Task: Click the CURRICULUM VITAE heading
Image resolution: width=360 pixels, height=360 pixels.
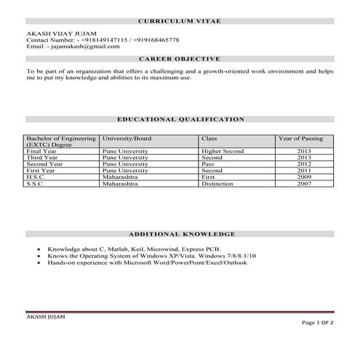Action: [x=180, y=23]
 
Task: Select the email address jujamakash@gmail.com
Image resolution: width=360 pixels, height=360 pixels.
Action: [x=85, y=46]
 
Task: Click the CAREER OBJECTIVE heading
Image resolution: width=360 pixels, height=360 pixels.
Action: [x=180, y=58]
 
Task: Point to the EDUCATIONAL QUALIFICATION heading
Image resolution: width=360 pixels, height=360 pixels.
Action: [x=180, y=119]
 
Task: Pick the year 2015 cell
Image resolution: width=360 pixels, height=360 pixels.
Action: [x=303, y=151]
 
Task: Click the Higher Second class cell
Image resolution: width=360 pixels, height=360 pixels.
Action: [x=223, y=151]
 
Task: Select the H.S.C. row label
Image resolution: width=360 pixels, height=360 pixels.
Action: [x=36, y=177]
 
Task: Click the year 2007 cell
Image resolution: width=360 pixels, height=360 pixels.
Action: [x=303, y=184]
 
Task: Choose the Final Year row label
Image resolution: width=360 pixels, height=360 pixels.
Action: [x=41, y=151]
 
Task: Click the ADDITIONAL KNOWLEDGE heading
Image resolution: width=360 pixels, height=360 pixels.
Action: [x=181, y=235]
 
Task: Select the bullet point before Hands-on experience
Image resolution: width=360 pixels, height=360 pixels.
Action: [x=38, y=263]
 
